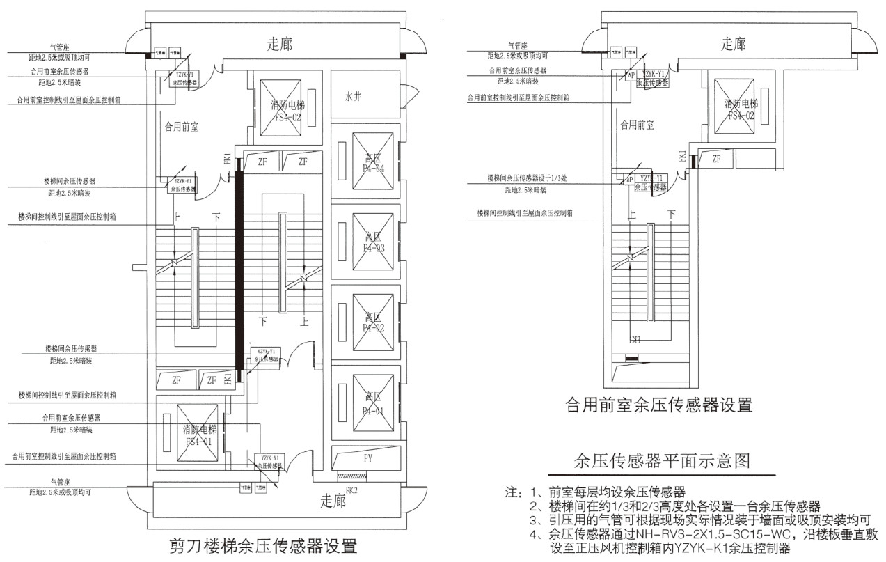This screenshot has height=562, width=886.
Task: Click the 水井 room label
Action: coord(353,96)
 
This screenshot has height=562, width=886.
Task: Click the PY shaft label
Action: coord(368,460)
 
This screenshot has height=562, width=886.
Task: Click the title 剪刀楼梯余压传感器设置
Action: coord(263,544)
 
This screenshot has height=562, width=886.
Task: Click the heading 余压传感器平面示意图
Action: coord(661,460)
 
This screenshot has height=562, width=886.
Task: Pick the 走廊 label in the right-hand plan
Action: coord(733,45)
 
